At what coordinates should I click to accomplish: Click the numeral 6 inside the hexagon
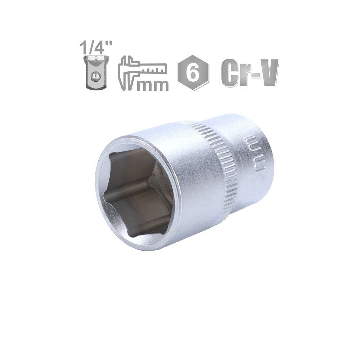[193, 73]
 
